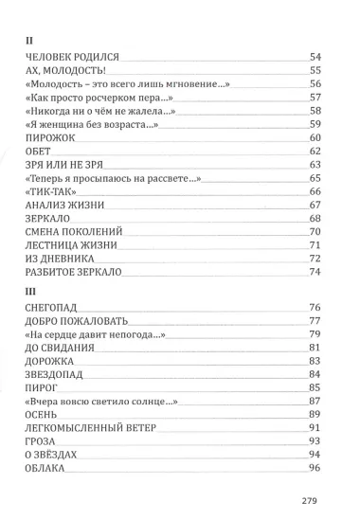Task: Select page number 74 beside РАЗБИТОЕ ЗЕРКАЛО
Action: click(x=316, y=272)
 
